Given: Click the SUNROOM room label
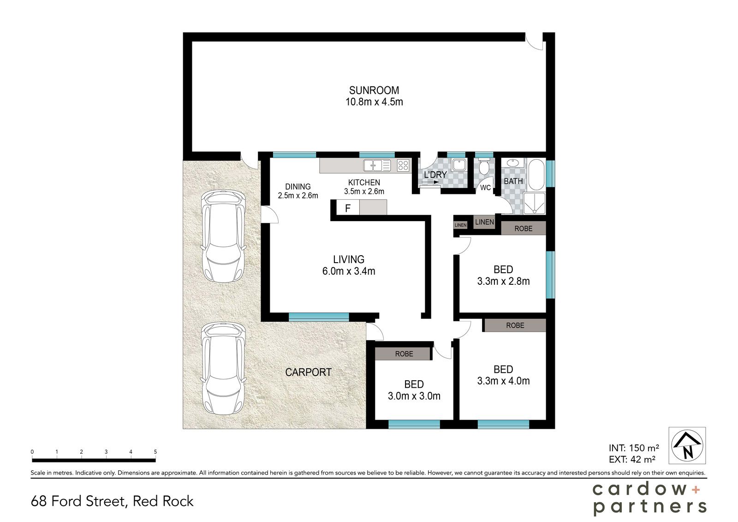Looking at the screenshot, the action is pos(374,90).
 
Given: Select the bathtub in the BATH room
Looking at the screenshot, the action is pos(537,175).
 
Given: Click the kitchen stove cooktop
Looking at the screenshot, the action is pos(403,165).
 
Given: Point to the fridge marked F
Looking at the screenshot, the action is pos(348,208).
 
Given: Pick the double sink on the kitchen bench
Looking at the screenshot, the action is pos(377,165).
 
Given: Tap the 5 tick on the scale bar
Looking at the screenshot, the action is pos(155,452).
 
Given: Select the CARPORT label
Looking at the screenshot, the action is pos(308,372).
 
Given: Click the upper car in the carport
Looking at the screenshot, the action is pos(223,236).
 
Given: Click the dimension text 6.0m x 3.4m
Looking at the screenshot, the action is pos(349,271).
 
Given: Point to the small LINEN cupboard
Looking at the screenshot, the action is pos(460,225).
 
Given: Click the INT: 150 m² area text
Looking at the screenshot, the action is pos(634,448).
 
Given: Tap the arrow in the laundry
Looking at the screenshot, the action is pos(431,182).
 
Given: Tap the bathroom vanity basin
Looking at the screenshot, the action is pos(512,162).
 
